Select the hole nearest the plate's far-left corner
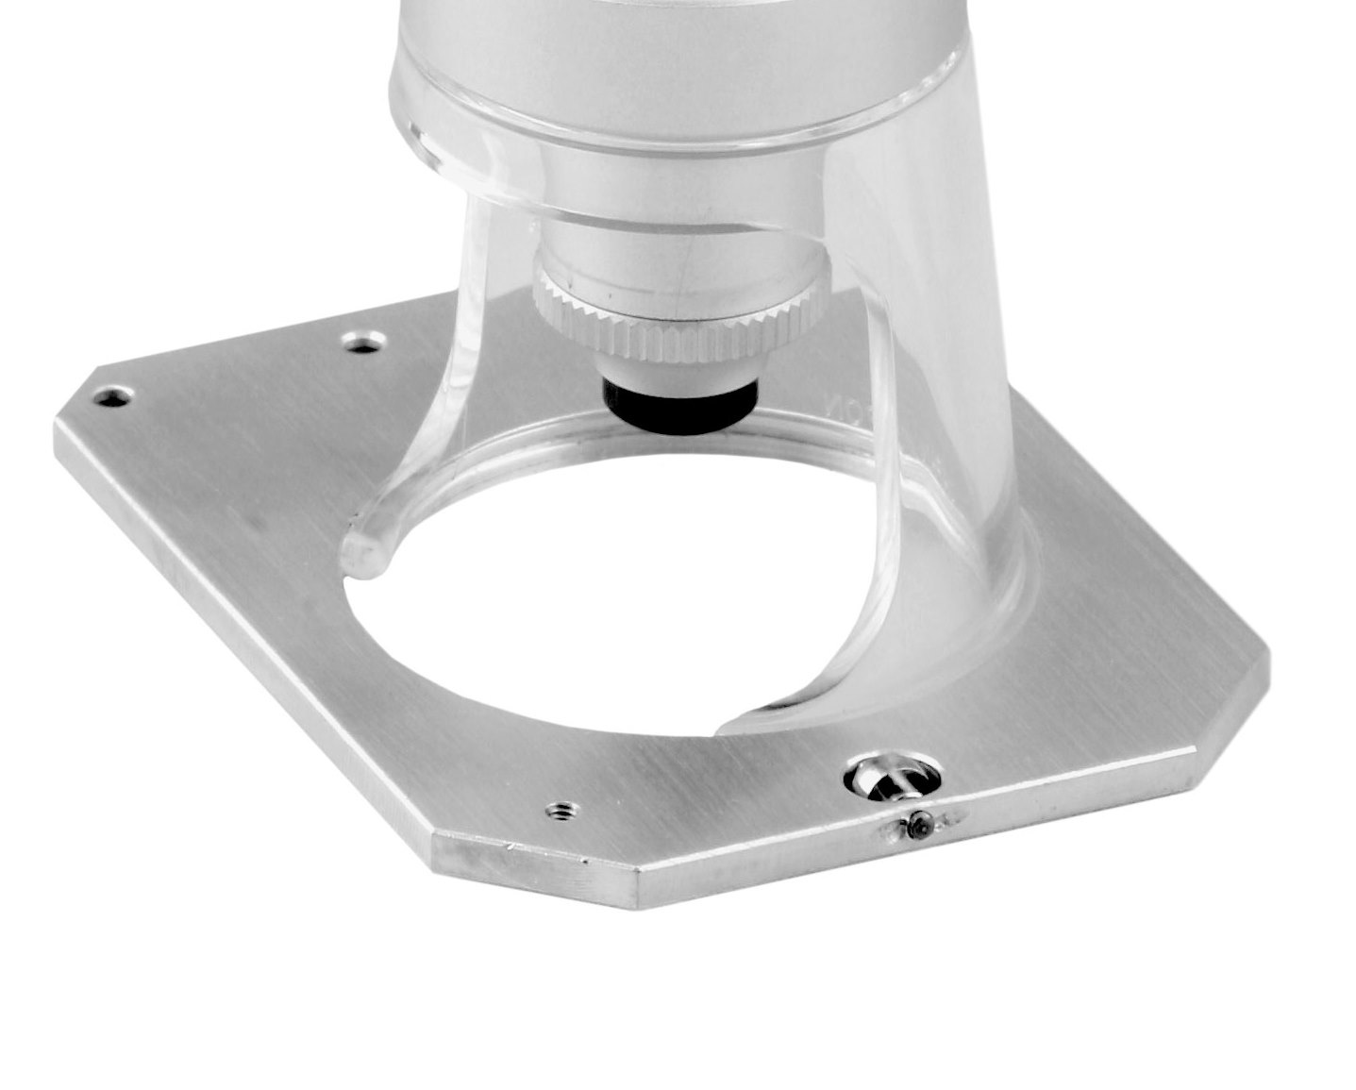tap(113, 397)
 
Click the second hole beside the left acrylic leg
tap(363, 342)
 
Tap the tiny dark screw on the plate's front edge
tap(919, 827)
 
